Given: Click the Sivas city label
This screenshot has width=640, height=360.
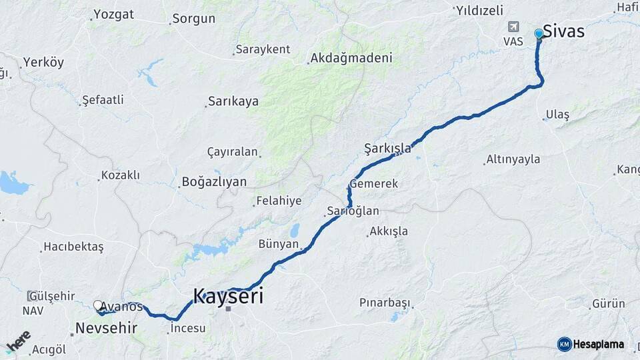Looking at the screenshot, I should click(x=563, y=31).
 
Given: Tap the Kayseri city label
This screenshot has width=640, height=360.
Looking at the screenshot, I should click(x=228, y=296).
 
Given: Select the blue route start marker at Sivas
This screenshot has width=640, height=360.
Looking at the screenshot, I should click(x=539, y=33).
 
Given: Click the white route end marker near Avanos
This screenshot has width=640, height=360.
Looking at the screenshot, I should click(x=99, y=306).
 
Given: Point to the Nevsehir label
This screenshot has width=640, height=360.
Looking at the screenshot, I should click(x=106, y=328).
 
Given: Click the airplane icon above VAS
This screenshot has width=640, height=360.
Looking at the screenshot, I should click(x=513, y=27).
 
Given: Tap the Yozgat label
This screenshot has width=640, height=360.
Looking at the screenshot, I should click(x=113, y=14).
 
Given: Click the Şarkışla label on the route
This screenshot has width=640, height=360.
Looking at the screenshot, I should click(x=387, y=148).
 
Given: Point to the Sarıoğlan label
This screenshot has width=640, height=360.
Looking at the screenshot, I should click(x=353, y=211).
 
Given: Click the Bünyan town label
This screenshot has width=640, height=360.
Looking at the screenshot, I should click(x=279, y=244).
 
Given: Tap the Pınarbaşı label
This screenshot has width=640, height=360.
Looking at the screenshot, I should click(x=385, y=303).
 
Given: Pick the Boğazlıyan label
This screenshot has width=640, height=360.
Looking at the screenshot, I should click(x=214, y=181).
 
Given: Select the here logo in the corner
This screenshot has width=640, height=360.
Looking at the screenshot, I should click(x=18, y=341).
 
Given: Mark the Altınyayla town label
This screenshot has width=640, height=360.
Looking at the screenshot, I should click(x=513, y=159).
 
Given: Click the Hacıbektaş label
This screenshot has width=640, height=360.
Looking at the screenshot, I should click(x=73, y=247).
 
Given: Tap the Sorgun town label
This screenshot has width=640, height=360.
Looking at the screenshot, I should click(x=193, y=19).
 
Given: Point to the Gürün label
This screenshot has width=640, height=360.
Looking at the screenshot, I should click(x=609, y=304).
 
